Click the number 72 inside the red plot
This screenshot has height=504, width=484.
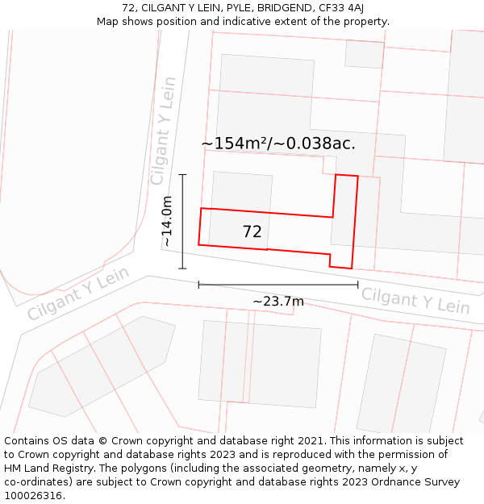[252, 232]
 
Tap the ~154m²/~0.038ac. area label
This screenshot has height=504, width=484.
[278, 144]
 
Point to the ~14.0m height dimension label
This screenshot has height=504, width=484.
[167, 221]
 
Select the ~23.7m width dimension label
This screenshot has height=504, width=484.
[278, 302]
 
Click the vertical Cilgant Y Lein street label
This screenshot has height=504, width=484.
[163, 131]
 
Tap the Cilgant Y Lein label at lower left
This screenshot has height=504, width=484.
[78, 294]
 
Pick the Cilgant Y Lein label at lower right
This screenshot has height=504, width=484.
[415, 300]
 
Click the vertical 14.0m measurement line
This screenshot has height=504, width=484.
[182, 221]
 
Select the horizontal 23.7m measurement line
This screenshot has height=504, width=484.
[278, 285]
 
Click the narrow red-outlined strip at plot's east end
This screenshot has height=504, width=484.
[344, 221]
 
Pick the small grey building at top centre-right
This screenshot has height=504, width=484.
[364, 53]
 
